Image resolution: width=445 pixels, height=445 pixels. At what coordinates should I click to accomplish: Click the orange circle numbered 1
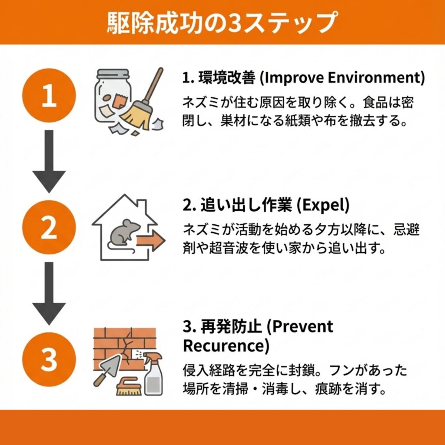(49, 95)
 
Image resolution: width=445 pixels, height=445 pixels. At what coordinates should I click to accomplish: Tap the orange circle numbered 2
(49, 227)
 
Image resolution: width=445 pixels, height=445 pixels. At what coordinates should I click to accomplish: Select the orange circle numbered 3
(49, 359)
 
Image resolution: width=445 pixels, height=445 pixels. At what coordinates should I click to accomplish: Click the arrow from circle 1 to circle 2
(49, 161)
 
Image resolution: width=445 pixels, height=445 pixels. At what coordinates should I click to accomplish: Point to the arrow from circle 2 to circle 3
(49, 293)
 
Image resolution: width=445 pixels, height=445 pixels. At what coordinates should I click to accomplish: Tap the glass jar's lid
(113, 74)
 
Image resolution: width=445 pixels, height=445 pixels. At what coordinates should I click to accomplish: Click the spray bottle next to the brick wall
(153, 374)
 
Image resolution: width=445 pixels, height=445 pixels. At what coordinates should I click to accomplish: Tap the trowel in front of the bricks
(108, 369)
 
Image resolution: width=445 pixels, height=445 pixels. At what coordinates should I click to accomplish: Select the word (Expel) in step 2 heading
(323, 205)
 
